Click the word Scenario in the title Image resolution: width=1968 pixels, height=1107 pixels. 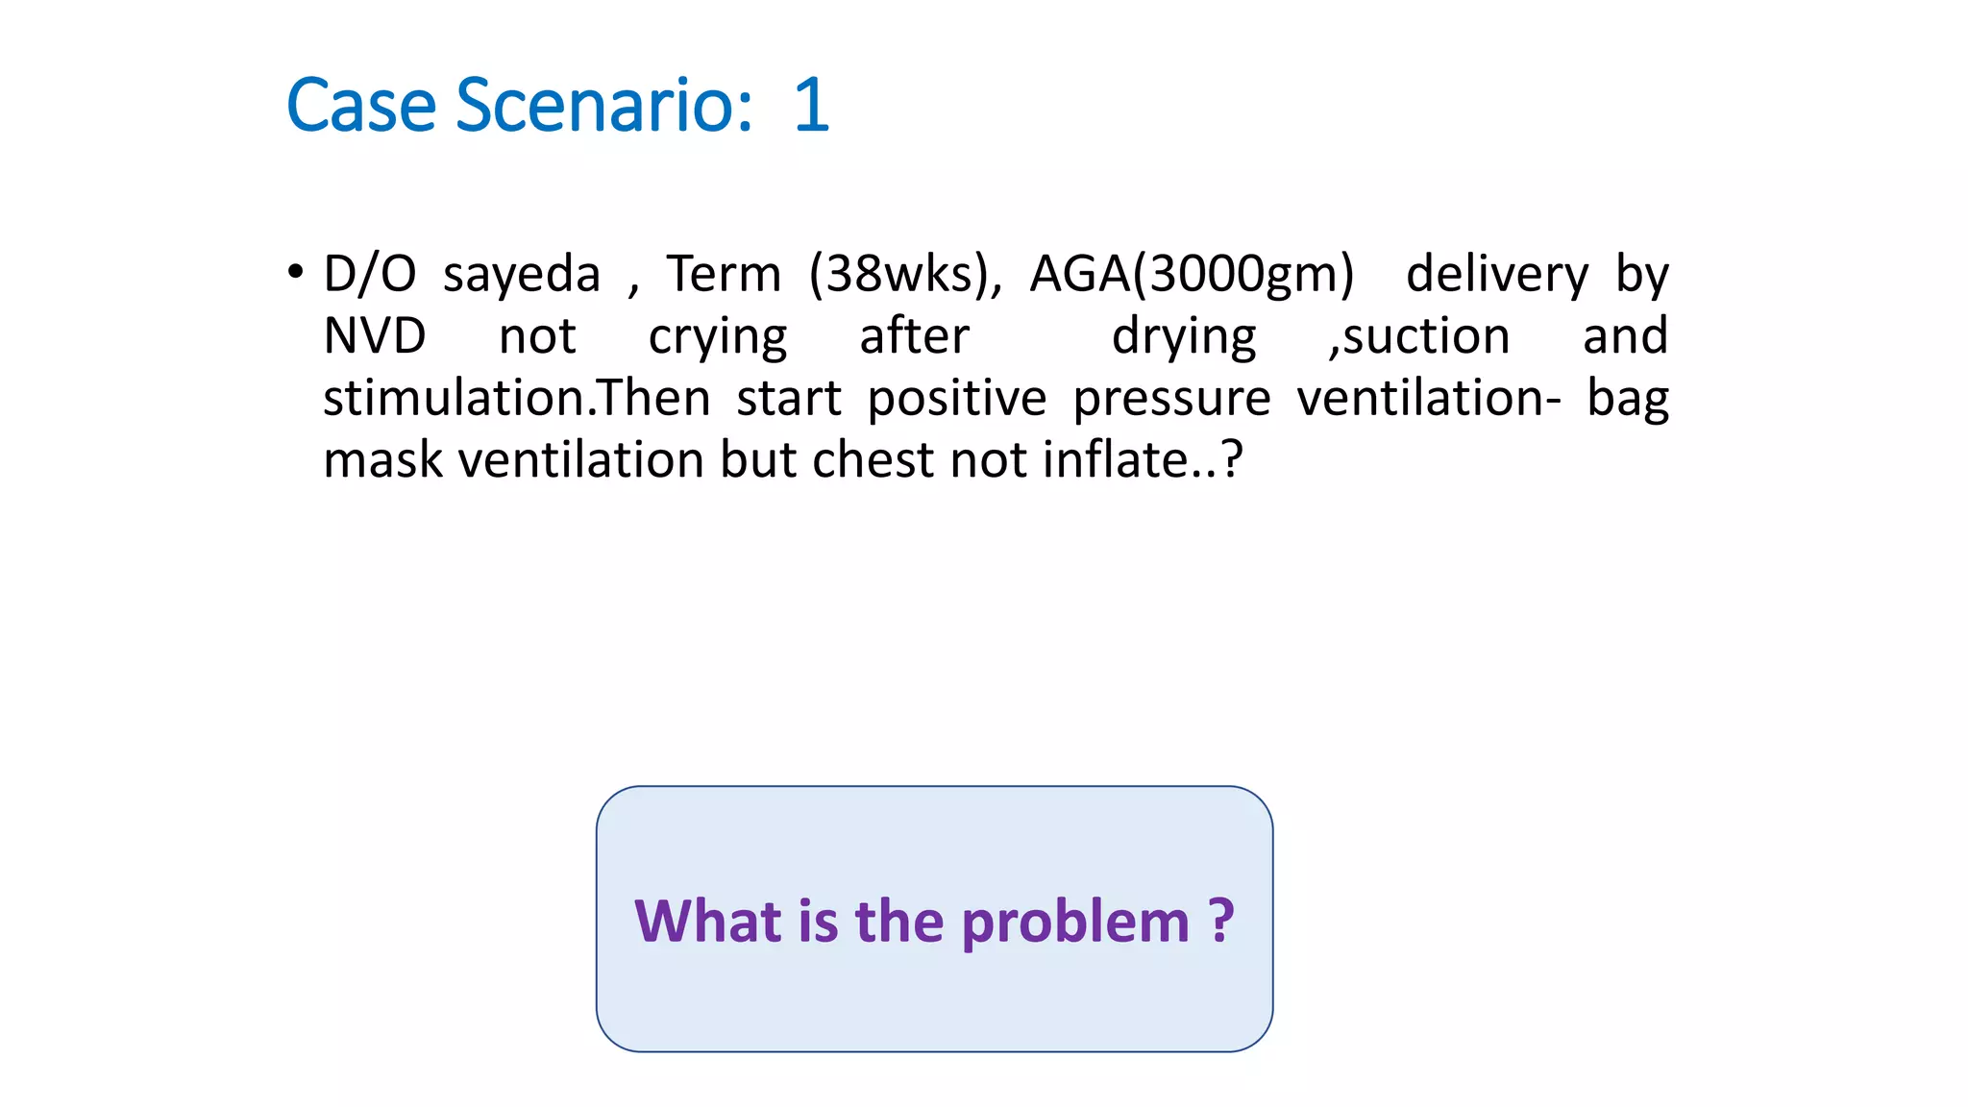[x=603, y=105]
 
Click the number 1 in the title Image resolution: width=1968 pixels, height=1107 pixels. [x=812, y=105]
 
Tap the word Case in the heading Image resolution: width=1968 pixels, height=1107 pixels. [x=361, y=105]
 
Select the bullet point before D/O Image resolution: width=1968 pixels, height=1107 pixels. [x=296, y=272]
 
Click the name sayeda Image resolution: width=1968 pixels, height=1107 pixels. [x=521, y=275]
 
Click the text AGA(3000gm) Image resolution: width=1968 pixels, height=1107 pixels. [x=1192, y=275]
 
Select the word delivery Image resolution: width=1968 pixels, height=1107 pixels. [x=1497, y=275]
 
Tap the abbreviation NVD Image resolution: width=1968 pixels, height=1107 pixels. [x=375, y=336]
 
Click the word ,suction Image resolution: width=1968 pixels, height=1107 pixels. [x=1419, y=336]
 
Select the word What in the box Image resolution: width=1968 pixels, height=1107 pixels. [x=708, y=921]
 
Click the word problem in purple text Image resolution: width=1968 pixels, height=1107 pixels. [x=1075, y=922]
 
